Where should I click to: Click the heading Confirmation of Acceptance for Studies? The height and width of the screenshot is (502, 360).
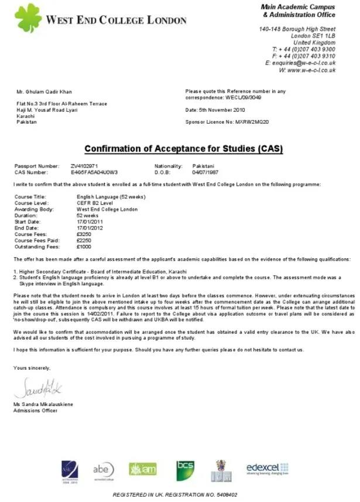pyautogui.click(x=183, y=149)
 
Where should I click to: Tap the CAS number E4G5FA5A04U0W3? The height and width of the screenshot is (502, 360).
pyautogui.click(x=94, y=172)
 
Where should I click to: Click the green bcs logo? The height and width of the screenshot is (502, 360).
pyautogui.click(x=185, y=470)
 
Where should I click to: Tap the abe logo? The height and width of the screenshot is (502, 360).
pyautogui.click(x=103, y=470)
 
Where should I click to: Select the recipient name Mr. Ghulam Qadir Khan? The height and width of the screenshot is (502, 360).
pyautogui.click(x=44, y=91)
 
